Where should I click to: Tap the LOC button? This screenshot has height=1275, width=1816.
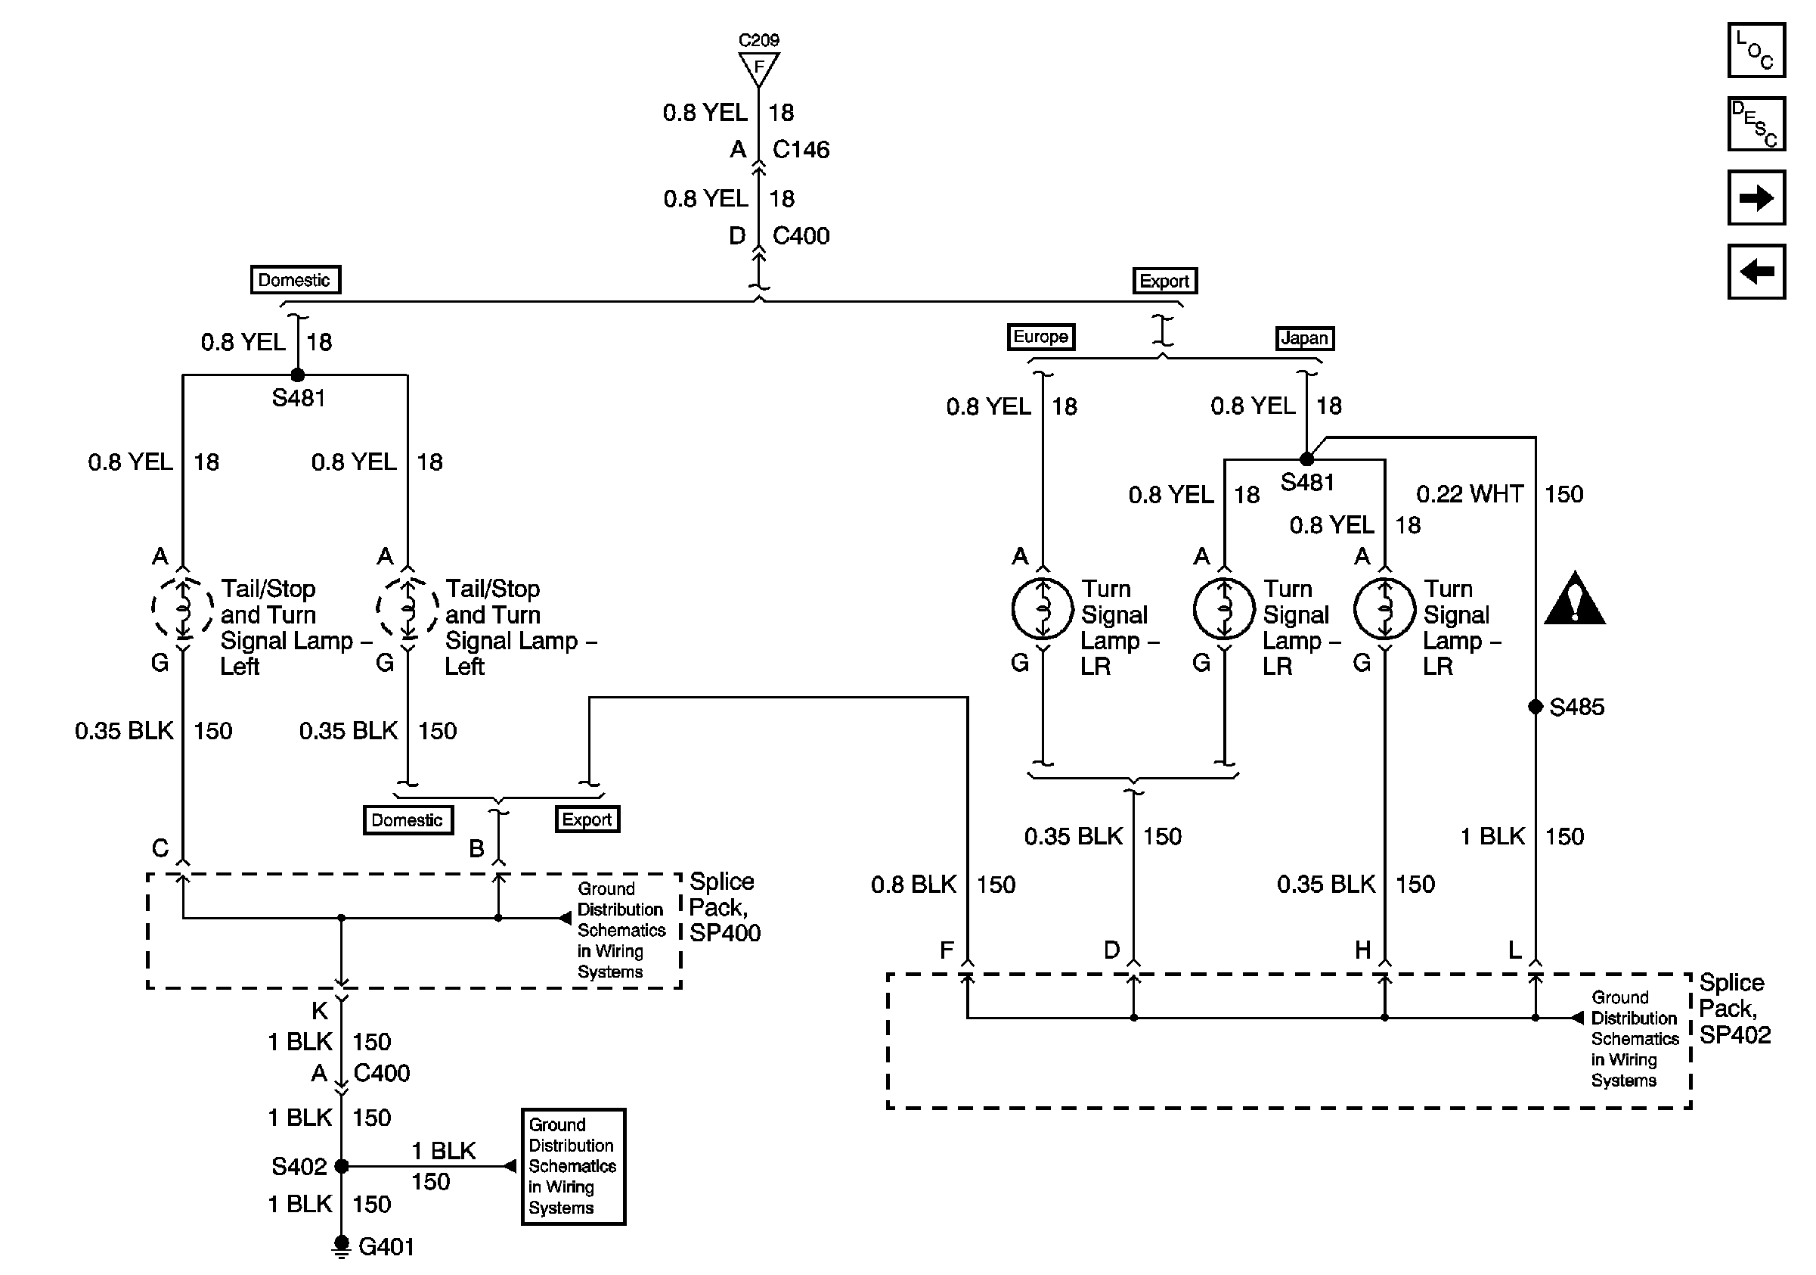pos(1756,50)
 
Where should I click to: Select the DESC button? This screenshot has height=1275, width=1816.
pos(1756,123)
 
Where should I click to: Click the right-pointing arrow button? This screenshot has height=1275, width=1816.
pos(1756,197)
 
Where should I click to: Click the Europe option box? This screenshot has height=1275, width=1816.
pos(1040,337)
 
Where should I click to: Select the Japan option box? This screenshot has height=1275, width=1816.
pos(1305,338)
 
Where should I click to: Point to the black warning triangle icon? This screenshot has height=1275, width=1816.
pos(1574,599)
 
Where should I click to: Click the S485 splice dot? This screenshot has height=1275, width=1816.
pos(1536,707)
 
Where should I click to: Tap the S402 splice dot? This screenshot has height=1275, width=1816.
pos(342,1166)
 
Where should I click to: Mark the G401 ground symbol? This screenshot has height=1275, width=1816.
pos(341,1246)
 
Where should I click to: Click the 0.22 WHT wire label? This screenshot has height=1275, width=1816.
pos(1470,494)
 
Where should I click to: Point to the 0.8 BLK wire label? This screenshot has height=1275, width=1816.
pos(913,884)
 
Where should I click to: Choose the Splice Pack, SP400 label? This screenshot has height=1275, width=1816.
pos(724,907)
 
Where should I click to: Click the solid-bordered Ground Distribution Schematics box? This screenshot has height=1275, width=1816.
pos(573,1167)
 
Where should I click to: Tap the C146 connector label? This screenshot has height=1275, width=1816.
pos(801,150)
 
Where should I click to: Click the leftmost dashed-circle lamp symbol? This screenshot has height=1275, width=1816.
pos(183,608)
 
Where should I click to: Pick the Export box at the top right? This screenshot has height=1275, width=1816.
pos(1164,281)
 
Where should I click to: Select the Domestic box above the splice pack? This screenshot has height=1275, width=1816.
pos(408,820)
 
